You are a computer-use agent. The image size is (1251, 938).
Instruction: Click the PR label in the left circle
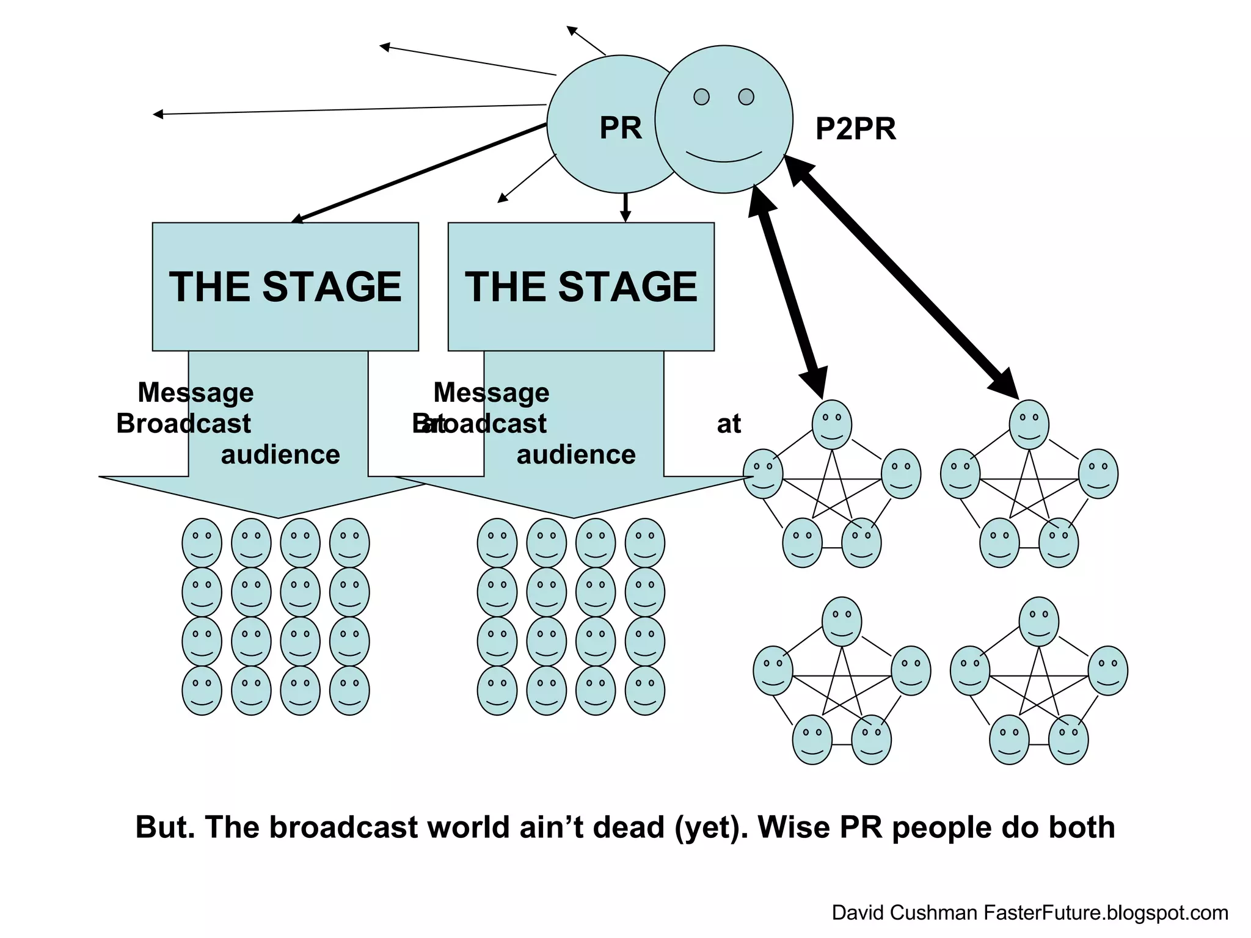[x=621, y=128]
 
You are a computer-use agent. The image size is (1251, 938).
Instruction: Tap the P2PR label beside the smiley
[x=855, y=129]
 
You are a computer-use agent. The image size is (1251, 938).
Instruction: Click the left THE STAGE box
[x=285, y=286]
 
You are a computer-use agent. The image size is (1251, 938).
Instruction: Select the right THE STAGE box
[x=581, y=286]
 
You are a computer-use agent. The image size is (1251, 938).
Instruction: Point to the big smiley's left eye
[x=702, y=96]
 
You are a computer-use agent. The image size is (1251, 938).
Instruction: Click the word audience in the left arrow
[x=280, y=455]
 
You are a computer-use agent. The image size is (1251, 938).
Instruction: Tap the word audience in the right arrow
[x=576, y=455]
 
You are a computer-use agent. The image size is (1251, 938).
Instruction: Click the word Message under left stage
[x=195, y=393]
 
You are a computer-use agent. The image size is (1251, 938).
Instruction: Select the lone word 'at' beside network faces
[x=729, y=424]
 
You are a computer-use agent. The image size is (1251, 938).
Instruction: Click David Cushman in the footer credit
[x=904, y=913]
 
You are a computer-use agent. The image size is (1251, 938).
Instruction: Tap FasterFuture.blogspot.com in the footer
[x=1106, y=913]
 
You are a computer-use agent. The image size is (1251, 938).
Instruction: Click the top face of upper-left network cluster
[x=832, y=424]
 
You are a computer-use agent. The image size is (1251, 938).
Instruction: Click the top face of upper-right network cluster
[x=1029, y=424]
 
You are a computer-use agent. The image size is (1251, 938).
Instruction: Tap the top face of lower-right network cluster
[x=1039, y=622]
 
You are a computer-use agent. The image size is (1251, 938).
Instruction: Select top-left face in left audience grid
[x=202, y=543]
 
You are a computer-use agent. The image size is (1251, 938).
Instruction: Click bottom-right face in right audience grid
[x=645, y=691]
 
